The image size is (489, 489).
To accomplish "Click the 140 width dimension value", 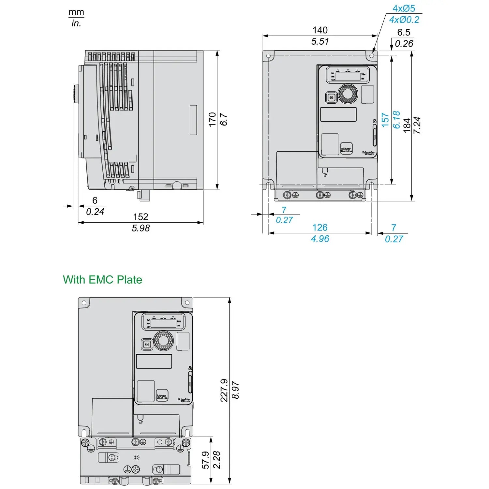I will [x=320, y=30].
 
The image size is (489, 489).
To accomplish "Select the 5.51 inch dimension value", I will [x=320, y=41].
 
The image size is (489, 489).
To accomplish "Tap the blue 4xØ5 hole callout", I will [x=404, y=8].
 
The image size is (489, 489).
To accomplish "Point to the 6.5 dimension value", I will [x=404, y=32].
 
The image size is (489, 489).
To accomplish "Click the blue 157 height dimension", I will [x=385, y=120].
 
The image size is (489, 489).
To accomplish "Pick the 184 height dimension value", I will [x=407, y=125].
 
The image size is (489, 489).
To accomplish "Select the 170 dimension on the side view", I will [x=212, y=119].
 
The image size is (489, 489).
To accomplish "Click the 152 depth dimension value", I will [x=141, y=217].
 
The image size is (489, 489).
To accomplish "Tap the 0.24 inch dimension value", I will [x=95, y=212].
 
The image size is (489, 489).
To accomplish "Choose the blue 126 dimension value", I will [x=320, y=227].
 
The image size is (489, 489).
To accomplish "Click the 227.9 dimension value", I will [x=224, y=390].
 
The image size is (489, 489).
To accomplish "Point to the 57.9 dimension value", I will [x=205, y=460].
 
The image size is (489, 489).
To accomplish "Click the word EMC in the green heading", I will [x=101, y=280].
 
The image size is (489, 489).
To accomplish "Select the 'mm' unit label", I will [x=76, y=12].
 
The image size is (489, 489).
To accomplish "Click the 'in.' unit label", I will [x=76, y=23].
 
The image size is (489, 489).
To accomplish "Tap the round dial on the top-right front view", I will [x=348, y=94].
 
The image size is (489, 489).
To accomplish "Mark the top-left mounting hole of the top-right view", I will [x=269, y=56].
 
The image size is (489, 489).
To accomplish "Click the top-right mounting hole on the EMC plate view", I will [x=187, y=303].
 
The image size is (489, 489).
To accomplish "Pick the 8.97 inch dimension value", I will [x=235, y=390].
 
